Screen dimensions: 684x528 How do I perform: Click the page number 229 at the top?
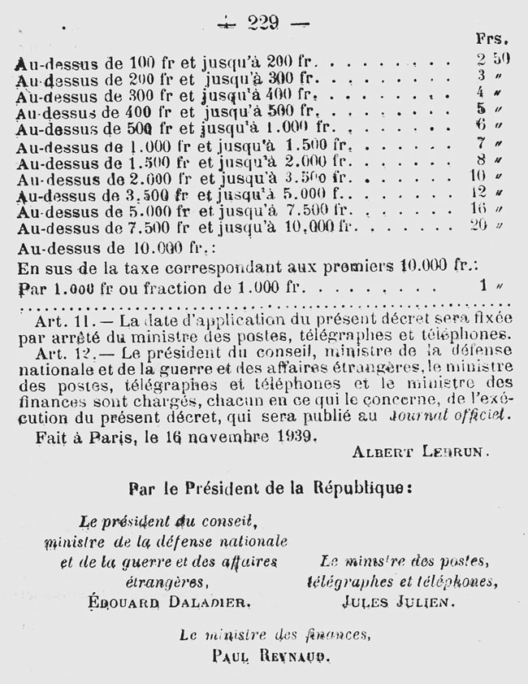point(263,23)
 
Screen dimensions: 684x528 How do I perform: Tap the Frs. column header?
point(492,38)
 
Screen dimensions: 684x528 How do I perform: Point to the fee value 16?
point(478,208)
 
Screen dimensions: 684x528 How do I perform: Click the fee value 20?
point(478,225)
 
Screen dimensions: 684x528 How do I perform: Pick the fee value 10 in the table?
point(478,175)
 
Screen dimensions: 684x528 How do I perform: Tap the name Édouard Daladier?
point(172,601)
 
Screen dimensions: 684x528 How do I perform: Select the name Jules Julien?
point(402,601)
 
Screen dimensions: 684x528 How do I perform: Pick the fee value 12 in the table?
point(478,192)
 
